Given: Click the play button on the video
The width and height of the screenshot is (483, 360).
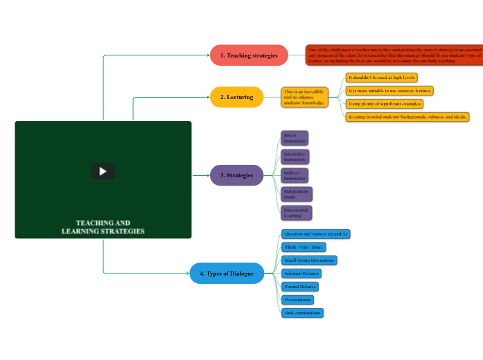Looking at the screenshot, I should (x=103, y=172).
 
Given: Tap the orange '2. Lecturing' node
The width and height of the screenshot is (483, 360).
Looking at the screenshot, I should (x=236, y=97).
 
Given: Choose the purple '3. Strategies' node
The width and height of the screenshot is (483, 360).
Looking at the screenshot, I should (x=236, y=175).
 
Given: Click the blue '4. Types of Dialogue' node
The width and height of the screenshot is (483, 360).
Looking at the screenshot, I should (x=227, y=273).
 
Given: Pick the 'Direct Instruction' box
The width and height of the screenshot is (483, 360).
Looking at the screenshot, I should (x=295, y=138).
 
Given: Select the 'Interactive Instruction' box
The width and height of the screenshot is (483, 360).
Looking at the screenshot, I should (x=295, y=156).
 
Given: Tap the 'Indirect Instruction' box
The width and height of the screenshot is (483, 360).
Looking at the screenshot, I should (x=295, y=175).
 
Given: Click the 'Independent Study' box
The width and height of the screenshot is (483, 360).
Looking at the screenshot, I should (x=297, y=194).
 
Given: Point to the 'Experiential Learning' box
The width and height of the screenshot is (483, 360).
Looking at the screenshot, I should (x=297, y=213).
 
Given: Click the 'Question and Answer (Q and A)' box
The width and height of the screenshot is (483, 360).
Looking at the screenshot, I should (x=316, y=234).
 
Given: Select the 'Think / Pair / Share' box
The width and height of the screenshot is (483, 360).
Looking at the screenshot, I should (x=304, y=247).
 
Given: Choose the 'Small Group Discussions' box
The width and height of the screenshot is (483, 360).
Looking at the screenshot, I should (x=309, y=260).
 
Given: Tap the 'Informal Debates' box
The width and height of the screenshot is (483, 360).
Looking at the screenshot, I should (x=301, y=273).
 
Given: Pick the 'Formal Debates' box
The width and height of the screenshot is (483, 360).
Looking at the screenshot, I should (x=300, y=287).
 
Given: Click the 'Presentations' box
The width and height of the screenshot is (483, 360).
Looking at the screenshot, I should (x=298, y=300).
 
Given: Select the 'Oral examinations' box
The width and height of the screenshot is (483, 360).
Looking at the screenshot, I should (x=303, y=313).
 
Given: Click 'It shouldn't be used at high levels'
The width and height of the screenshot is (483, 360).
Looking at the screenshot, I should (x=381, y=78).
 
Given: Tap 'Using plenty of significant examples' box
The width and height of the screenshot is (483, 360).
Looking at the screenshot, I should (x=384, y=104).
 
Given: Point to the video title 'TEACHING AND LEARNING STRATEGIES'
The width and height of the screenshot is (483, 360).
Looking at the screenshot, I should (x=103, y=227).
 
